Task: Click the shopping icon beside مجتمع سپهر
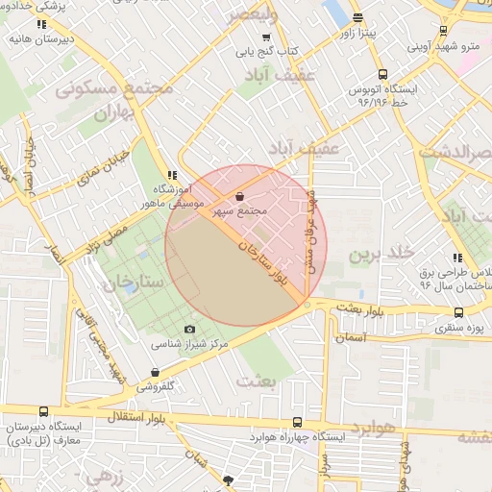[x=239, y=197]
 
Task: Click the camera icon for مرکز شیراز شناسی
[x=189, y=330]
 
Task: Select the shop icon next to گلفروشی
[x=156, y=373]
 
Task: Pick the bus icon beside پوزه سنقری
[x=458, y=312]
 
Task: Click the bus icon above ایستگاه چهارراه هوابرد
[x=298, y=423]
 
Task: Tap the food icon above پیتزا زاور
[x=357, y=18]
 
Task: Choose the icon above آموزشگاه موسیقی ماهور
[x=172, y=175]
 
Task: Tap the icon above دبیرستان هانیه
[x=39, y=23]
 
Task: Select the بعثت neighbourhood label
[x=260, y=381]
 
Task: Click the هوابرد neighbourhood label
[x=374, y=427]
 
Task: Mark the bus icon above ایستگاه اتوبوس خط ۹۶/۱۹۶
[x=383, y=74]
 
